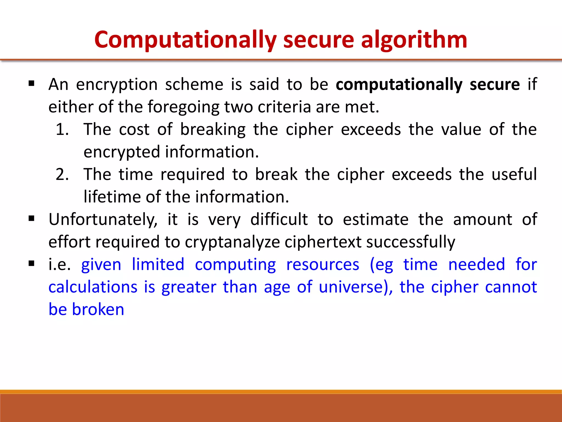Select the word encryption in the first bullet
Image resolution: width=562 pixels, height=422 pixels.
click(x=117, y=84)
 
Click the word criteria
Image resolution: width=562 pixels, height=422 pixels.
click(x=284, y=107)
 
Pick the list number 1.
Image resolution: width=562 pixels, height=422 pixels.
click(x=62, y=129)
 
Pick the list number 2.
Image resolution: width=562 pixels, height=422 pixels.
click(x=62, y=174)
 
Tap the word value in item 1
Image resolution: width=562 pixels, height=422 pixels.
click(x=461, y=129)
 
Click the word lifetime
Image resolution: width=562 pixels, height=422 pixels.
click(x=112, y=197)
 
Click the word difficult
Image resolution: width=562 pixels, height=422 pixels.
click(x=279, y=220)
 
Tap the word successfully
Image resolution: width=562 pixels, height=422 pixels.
click(x=411, y=242)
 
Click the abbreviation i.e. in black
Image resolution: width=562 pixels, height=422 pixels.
click(x=59, y=265)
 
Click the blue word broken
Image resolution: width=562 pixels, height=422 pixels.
click(x=98, y=310)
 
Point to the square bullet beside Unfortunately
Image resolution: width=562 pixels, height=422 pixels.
click(x=32, y=219)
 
